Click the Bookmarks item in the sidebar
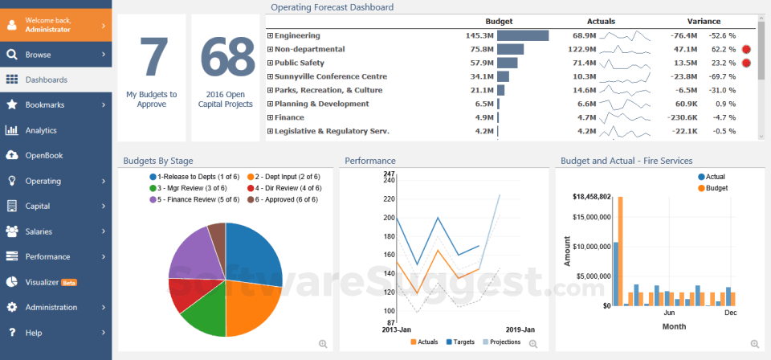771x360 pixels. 45,104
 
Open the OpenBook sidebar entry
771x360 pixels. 43,155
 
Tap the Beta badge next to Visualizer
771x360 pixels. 69,283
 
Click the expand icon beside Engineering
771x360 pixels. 270,35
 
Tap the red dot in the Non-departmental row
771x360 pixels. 746,49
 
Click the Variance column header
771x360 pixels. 704,21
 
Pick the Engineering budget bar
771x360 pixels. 522,35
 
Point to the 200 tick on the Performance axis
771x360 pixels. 389,218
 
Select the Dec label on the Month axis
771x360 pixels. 730,313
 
